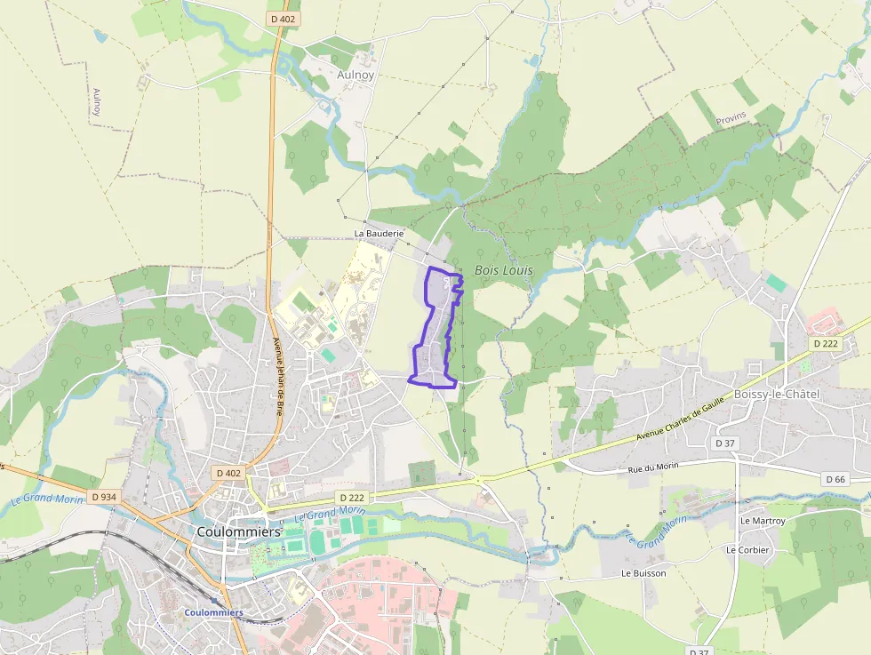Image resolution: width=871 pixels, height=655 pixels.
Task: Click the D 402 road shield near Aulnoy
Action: click(284, 18)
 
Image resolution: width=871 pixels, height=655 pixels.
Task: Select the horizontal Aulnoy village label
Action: click(356, 75)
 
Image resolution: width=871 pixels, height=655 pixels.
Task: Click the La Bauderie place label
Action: click(379, 234)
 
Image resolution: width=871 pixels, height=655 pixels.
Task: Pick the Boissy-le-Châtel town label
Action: click(777, 394)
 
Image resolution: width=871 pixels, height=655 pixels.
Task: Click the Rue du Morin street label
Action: click(653, 468)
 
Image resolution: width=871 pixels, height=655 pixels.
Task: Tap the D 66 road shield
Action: click(835, 479)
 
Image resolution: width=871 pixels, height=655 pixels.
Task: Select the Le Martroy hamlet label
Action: click(763, 520)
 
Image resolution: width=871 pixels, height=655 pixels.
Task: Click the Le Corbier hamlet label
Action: click(747, 549)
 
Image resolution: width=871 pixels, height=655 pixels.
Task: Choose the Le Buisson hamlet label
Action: click(643, 573)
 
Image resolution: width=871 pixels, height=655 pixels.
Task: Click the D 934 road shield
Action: click(103, 497)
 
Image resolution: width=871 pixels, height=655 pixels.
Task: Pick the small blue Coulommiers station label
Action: click(213, 612)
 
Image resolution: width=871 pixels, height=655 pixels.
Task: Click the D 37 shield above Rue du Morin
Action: click(726, 443)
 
